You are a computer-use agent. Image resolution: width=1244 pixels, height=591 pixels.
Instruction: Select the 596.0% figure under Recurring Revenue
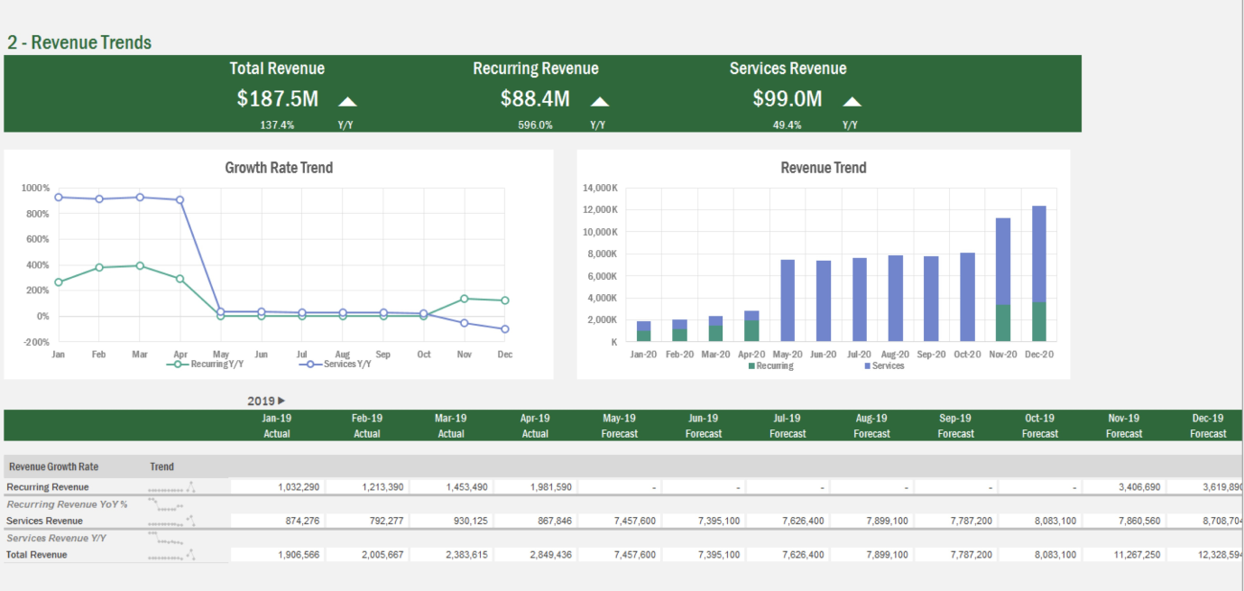click(x=535, y=125)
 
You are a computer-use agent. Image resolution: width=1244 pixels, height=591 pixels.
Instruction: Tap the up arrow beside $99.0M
click(x=852, y=101)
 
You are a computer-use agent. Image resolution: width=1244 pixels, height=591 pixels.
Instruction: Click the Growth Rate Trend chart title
click(x=279, y=168)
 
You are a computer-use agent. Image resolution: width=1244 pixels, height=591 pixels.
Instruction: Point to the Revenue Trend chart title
click(x=823, y=168)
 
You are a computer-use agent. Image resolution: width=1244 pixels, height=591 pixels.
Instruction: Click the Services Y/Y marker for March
click(x=140, y=197)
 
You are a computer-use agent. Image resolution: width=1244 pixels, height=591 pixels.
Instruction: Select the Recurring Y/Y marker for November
click(x=465, y=299)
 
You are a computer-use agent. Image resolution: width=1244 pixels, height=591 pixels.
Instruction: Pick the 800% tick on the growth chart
click(x=37, y=214)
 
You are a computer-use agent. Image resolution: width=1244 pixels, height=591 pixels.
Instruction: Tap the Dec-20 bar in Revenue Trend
click(x=1039, y=271)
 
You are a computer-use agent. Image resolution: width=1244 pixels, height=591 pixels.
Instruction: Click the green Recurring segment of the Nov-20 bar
click(x=1003, y=323)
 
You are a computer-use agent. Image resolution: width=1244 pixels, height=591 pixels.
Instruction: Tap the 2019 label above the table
click(x=262, y=401)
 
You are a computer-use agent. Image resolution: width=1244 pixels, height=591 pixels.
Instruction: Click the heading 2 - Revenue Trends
click(x=79, y=42)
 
